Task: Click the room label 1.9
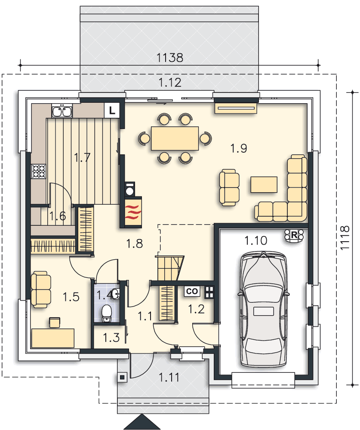click(x=238, y=148)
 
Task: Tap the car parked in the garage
click(x=263, y=309)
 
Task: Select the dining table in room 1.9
click(x=175, y=138)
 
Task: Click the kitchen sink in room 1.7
click(x=62, y=111)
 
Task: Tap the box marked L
click(x=112, y=110)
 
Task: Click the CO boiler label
click(x=192, y=291)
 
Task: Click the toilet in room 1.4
click(x=107, y=313)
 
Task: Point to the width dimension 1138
click(x=169, y=58)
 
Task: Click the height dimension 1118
click(x=345, y=238)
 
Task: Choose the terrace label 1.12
click(x=170, y=83)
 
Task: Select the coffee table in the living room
click(x=264, y=184)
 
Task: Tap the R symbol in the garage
click(x=294, y=235)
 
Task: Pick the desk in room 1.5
click(x=53, y=338)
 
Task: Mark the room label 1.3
click(x=111, y=338)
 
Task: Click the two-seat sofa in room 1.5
click(x=41, y=289)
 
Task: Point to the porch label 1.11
click(x=169, y=378)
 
